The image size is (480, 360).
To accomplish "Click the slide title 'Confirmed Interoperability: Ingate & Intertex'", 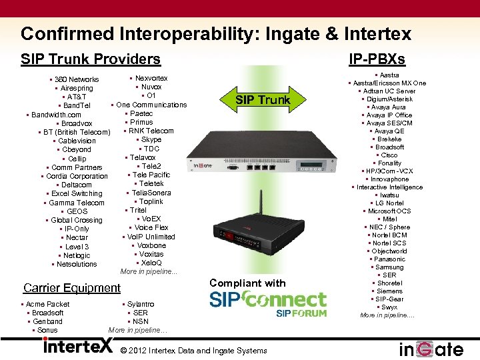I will [216, 34].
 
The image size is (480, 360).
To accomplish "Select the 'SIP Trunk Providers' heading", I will [91, 59].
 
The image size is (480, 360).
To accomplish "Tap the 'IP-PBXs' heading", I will [377, 59].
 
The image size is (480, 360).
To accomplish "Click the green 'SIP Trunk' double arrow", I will [263, 100].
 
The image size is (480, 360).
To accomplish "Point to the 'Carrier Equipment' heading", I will [72, 288].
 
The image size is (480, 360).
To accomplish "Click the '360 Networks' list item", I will [77, 79].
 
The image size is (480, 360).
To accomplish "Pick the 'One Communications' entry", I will [151, 105].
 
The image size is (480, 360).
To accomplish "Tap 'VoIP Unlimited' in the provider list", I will [151, 237].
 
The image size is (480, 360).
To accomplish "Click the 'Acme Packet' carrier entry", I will [47, 304].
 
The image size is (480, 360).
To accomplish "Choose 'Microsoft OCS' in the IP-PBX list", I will [389, 211].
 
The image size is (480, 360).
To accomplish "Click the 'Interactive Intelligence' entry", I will [389, 187].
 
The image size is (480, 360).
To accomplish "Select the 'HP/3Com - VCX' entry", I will [389, 171].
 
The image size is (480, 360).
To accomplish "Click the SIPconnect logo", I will [268, 303].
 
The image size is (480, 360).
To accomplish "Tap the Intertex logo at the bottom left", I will [78, 346].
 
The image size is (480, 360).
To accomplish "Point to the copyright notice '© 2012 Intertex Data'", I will [193, 351].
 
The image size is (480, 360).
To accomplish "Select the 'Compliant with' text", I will [247, 283].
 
